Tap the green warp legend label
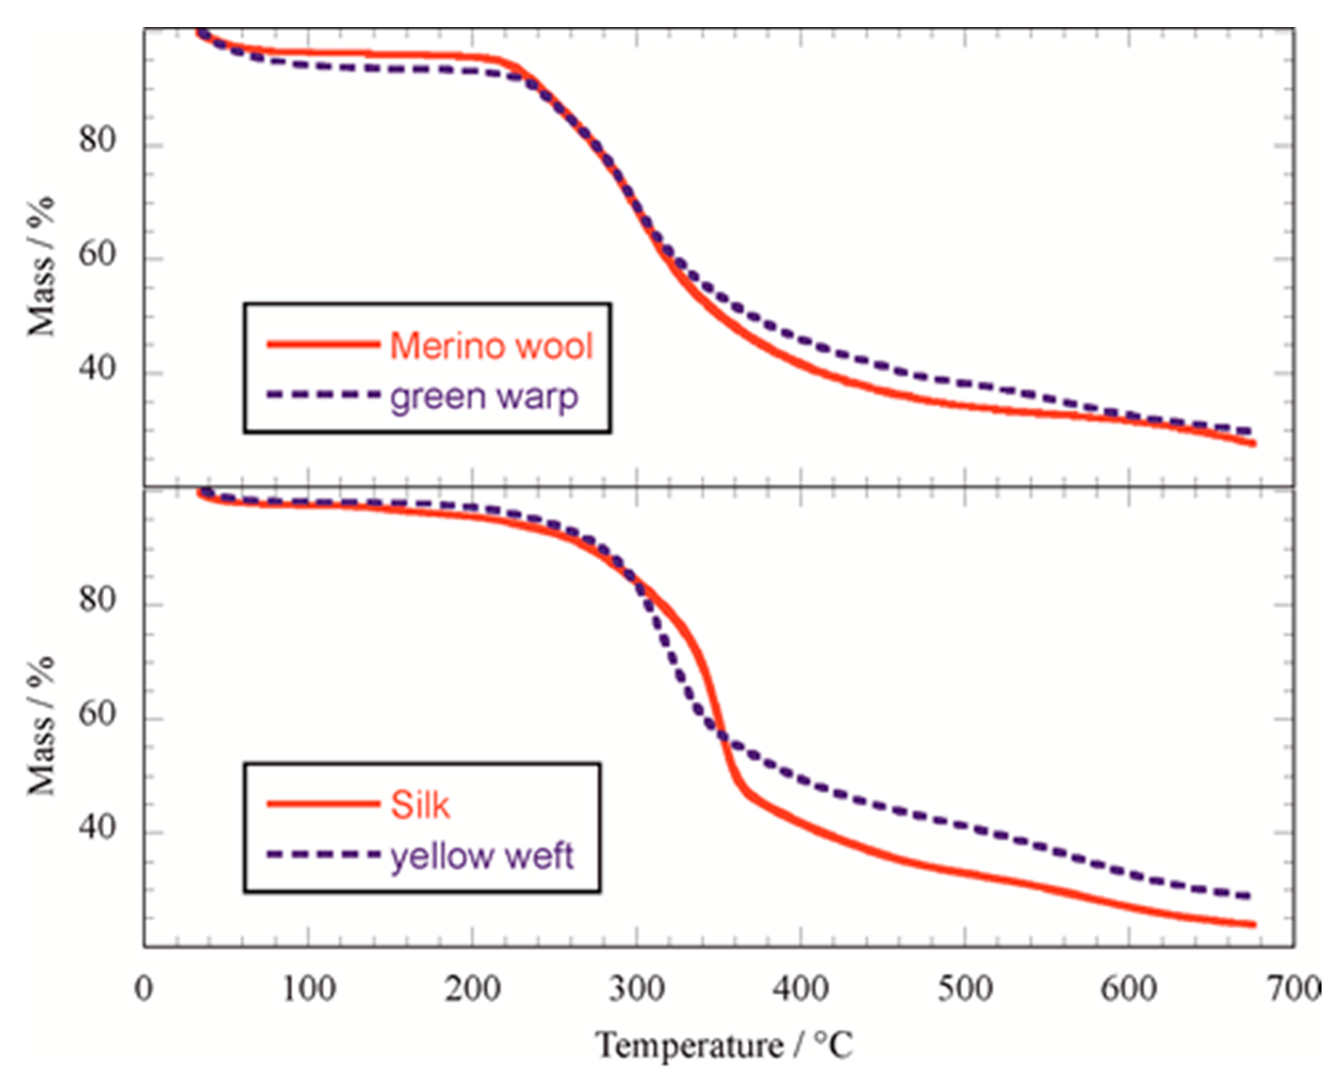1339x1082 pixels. click(484, 397)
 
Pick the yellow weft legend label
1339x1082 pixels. click(481, 856)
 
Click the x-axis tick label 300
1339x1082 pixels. click(637, 989)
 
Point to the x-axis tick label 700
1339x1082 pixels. click(1294, 989)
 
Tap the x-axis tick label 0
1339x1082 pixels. click(144, 989)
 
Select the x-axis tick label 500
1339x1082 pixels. click(965, 989)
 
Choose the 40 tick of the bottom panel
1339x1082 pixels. click(97, 828)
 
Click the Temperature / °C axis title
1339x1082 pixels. click(723, 1045)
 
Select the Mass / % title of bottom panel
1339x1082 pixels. click(41, 726)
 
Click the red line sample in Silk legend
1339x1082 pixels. click(323, 804)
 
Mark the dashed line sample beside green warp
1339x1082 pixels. click(323, 395)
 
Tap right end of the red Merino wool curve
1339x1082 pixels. click(1254, 444)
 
